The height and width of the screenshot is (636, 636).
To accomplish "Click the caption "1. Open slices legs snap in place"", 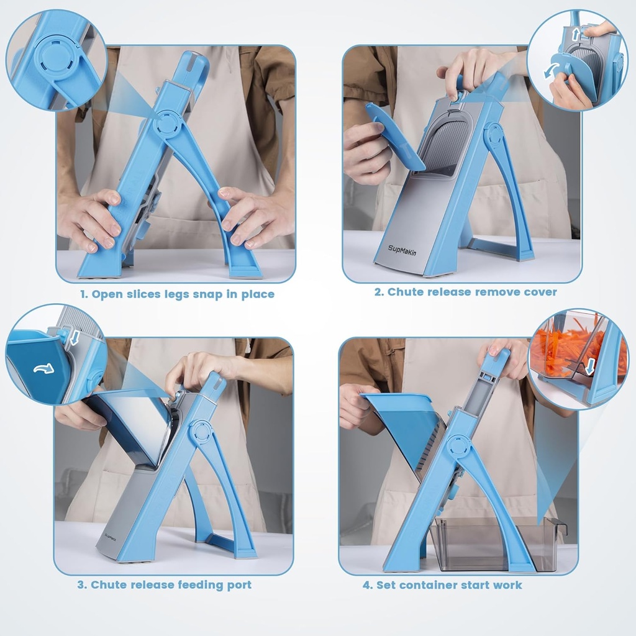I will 176,294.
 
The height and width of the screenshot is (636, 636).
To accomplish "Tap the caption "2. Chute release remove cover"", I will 465,292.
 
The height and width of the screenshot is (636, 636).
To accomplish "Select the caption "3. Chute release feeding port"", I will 165,584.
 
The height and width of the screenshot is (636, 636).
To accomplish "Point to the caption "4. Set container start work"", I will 442,584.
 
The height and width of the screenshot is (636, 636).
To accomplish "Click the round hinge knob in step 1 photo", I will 168,122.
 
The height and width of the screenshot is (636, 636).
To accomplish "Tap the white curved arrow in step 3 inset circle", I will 43,368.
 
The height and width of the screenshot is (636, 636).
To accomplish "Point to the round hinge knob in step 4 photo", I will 458,445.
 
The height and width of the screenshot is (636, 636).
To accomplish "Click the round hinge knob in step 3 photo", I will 201,431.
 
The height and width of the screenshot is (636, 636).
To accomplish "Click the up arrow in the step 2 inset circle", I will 575,32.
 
